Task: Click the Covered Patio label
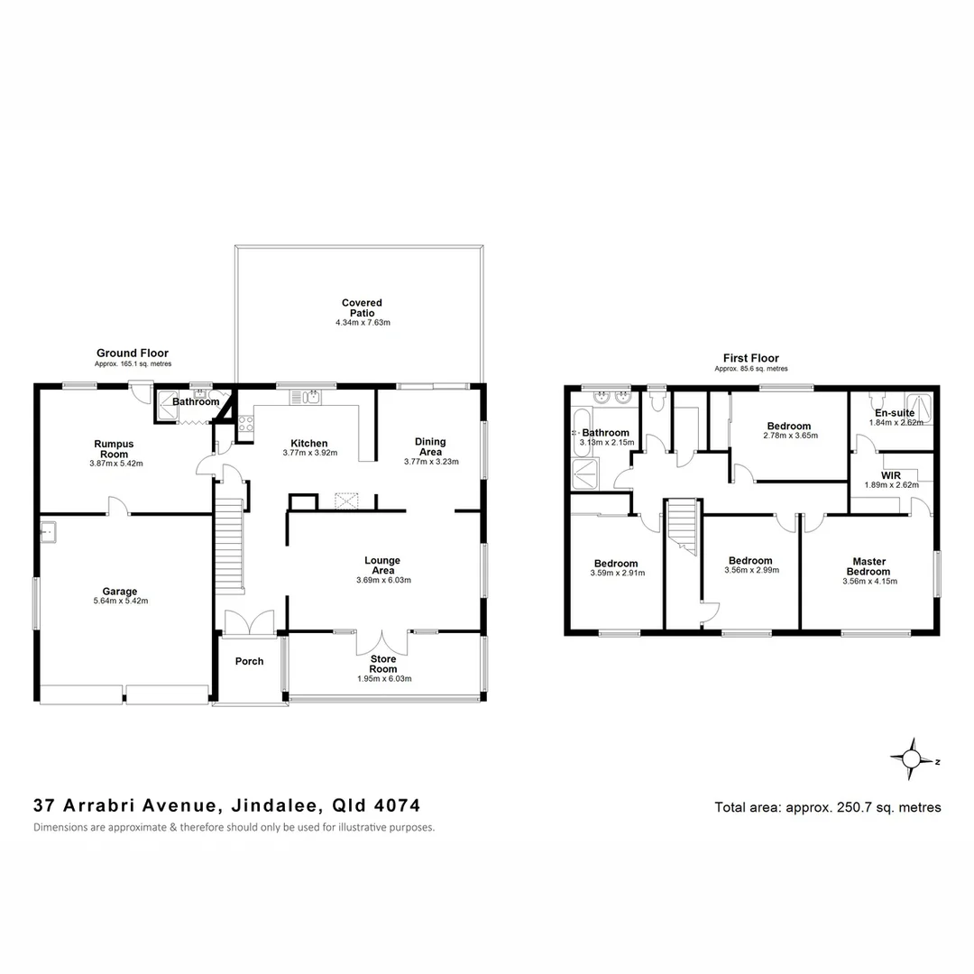click(x=362, y=308)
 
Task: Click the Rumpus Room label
click(x=115, y=448)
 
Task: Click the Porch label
click(x=249, y=661)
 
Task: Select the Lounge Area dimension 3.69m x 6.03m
click(x=382, y=580)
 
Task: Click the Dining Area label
click(x=430, y=446)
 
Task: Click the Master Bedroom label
click(x=868, y=566)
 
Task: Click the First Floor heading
click(x=750, y=358)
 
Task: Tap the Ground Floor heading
click(x=133, y=353)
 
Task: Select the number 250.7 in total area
click(x=853, y=807)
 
